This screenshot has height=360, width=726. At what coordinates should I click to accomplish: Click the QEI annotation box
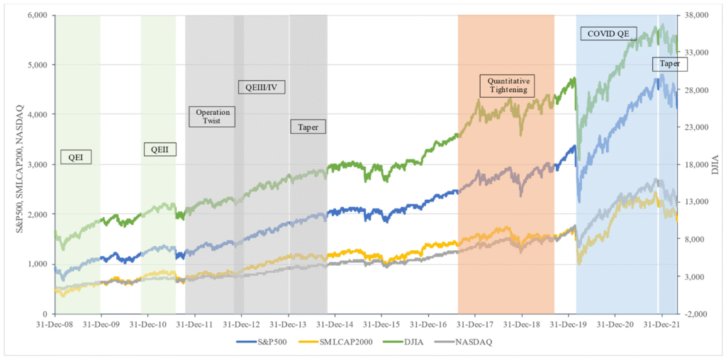[76, 156]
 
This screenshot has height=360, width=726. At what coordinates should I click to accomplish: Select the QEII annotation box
[161, 149]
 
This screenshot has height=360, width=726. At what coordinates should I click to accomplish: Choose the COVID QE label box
[609, 33]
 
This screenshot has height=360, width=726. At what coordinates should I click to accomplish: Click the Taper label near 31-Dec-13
[308, 128]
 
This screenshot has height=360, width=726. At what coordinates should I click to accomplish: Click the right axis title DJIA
[715, 164]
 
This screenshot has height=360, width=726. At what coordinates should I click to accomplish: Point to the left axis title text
[10, 164]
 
